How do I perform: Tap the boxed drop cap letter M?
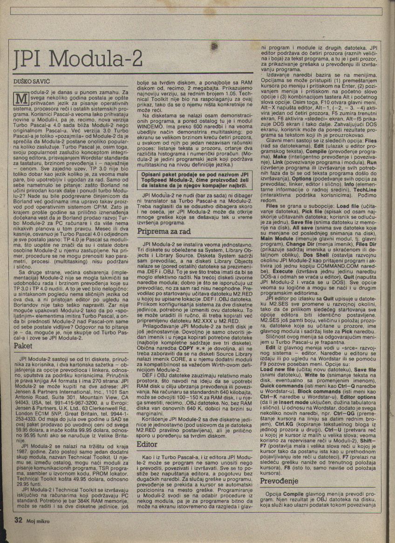point(20,98)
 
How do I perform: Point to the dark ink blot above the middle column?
point(214,46)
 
